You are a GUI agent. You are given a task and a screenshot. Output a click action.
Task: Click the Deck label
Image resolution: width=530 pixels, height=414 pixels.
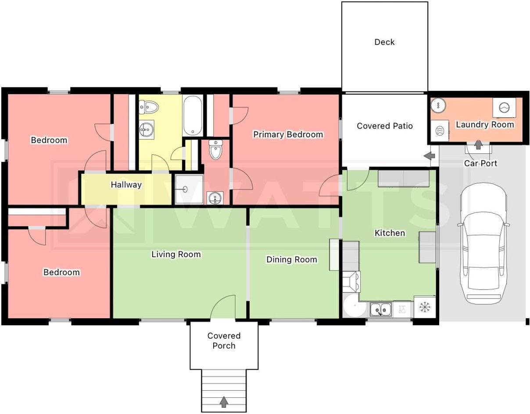click(x=384, y=42)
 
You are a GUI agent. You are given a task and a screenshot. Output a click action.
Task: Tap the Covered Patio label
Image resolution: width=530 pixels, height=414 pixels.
click(x=385, y=126)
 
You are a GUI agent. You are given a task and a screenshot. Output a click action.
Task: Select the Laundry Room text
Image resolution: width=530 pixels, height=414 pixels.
click(x=485, y=124)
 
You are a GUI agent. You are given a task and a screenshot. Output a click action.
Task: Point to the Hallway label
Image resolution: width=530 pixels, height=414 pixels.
click(x=126, y=185)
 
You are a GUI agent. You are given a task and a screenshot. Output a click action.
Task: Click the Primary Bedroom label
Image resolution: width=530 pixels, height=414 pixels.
click(x=288, y=134)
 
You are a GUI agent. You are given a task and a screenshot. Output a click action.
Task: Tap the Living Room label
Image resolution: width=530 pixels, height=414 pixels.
click(x=176, y=254)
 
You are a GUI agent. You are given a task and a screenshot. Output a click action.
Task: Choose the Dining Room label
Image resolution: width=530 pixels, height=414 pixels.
click(x=292, y=259)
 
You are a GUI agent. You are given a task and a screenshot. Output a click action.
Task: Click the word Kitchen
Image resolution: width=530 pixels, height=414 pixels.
click(x=390, y=233)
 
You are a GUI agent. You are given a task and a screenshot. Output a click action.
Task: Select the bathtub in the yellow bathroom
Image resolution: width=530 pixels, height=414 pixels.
click(x=193, y=115)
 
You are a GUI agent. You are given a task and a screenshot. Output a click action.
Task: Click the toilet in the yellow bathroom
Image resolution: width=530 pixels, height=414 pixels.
click(x=149, y=107)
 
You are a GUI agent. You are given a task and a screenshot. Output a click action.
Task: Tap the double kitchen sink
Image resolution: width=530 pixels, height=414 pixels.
click(x=380, y=310)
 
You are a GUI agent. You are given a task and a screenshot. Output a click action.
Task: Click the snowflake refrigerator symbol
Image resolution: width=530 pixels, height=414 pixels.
click(x=425, y=307)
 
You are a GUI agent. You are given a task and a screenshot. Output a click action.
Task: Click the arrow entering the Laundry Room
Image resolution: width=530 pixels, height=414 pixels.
click(x=478, y=145)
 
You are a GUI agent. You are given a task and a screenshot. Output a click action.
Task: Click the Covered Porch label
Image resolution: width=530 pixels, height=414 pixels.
click(x=224, y=341)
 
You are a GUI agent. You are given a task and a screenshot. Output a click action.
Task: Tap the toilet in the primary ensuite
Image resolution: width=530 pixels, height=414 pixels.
click(x=215, y=149)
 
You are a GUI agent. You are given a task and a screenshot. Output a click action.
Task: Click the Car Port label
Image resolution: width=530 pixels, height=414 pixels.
click(x=480, y=163)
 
